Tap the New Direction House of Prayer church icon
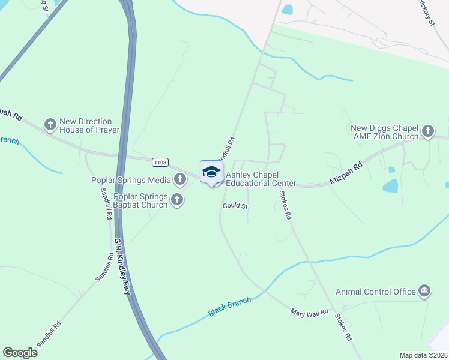click(x=50, y=125)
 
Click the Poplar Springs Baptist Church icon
click(x=176, y=200)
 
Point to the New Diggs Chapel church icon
click(x=427, y=131)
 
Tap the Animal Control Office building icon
click(x=424, y=292)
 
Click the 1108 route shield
click(x=160, y=162)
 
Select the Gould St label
click(x=235, y=206)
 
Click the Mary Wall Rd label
click(x=309, y=312)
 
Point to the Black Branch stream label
click(x=229, y=306)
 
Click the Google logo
click(x=20, y=352)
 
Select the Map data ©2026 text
click(x=423, y=355)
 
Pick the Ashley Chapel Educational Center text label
click(x=261, y=179)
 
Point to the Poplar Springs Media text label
click(x=130, y=179)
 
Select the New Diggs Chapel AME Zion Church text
click(x=384, y=132)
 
